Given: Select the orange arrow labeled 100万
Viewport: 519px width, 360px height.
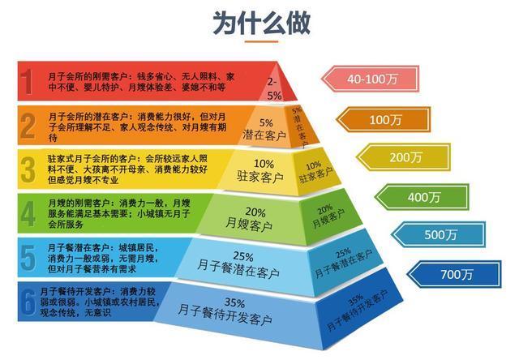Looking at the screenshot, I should coord(385,118).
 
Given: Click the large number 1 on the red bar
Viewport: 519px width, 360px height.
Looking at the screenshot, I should coord(28,81).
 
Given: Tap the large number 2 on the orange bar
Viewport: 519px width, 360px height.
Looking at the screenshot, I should coord(28,125).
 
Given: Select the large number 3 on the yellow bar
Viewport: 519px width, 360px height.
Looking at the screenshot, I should coord(28,169).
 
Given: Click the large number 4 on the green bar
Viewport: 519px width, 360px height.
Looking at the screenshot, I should coord(28,214).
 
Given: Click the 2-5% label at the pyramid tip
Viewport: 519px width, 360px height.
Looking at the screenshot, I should coord(272,88).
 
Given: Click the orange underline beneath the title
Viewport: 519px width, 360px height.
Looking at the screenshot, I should coord(259,41).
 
